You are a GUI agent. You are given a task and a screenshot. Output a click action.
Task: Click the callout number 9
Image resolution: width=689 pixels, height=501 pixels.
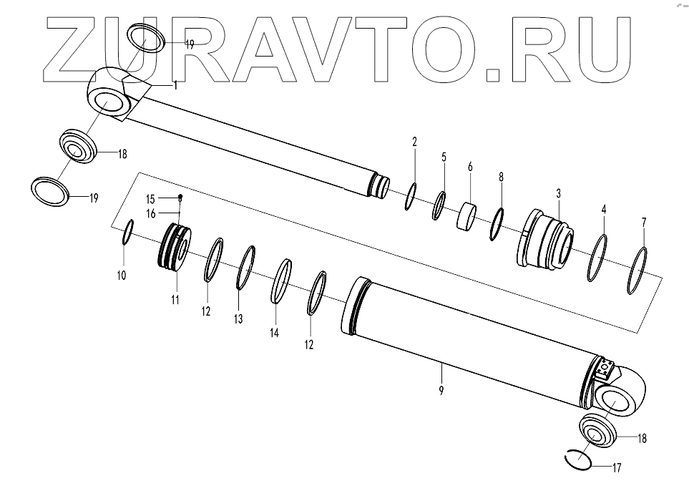click(441, 390)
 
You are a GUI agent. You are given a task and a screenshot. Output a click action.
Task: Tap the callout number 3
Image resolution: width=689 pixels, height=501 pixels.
click(558, 193)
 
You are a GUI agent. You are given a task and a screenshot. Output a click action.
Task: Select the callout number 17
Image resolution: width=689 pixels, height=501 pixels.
click(617, 469)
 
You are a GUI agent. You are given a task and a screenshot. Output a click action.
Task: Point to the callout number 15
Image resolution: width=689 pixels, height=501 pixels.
click(151, 198)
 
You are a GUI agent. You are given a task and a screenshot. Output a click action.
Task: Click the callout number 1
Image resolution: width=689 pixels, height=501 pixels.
click(175, 84)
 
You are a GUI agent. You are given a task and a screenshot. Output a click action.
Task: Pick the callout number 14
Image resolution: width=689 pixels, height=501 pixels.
click(274, 333)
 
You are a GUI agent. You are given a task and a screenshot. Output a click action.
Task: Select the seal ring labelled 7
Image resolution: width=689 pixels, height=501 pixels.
click(639, 270)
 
